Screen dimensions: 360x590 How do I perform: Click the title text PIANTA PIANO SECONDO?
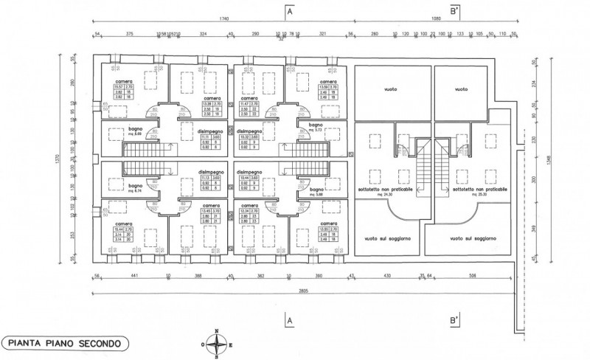click(66, 343)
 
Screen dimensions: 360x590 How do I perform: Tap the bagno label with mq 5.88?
click(319, 191)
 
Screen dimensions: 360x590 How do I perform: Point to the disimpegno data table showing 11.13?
click(208, 182)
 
